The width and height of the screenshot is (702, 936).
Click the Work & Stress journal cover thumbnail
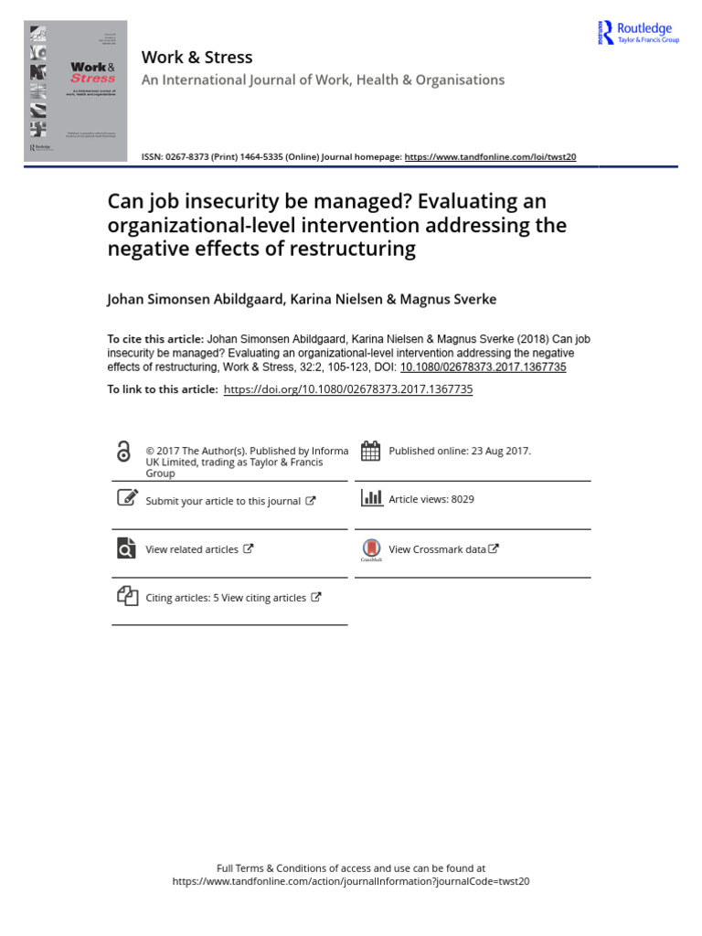76,92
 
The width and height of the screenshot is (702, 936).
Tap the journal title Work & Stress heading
197,57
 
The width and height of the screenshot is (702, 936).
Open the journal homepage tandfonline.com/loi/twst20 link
490,156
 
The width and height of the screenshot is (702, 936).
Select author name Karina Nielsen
335,299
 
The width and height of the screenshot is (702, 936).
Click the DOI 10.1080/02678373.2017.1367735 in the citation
483,367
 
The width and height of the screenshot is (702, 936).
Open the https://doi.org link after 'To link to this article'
348,389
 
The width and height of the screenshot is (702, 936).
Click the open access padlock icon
124,452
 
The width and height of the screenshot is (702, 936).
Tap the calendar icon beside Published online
371,451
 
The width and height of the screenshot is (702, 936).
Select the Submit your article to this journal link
223,501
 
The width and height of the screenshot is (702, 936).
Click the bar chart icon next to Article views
371,498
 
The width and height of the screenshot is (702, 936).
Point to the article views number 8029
463,499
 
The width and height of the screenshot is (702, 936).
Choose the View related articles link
192,549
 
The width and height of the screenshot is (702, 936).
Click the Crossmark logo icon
371,549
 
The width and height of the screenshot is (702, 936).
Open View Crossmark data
437,549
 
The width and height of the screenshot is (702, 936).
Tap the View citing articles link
263,598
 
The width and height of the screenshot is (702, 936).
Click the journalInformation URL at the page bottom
351,882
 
